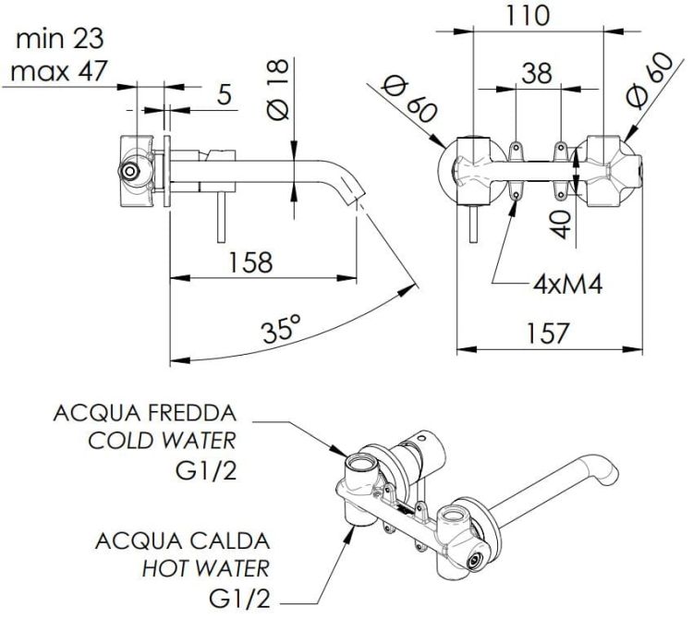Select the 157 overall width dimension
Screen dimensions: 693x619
coord(547,334)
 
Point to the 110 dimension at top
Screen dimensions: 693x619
coord(528,16)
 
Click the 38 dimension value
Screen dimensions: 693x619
coord(537,73)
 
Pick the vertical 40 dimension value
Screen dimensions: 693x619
coord(562,224)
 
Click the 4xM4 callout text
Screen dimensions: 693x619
coord(567,285)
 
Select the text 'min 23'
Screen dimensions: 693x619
coord(60,39)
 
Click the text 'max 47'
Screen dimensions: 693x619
coord(59,71)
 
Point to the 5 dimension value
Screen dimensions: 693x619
coord(225,94)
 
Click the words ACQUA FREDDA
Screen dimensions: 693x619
coord(145,413)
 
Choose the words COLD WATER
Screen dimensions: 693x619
coord(163,441)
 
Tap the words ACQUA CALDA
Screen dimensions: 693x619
coord(183,540)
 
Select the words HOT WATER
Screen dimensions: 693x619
coord(206,568)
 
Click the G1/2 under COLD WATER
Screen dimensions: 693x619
coord(206,471)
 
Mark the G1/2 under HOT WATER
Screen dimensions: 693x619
coord(239,599)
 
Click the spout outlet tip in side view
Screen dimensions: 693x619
coord(359,197)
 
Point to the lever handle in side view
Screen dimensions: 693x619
coord(222,217)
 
